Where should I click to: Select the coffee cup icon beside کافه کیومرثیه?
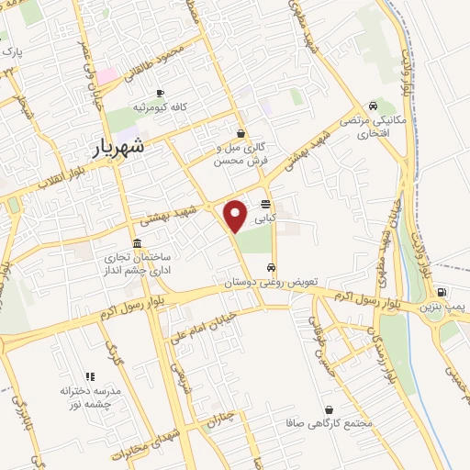click(x=161, y=93)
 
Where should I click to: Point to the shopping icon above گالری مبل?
click(x=241, y=133)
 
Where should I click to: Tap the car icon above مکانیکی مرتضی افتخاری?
click(x=372, y=106)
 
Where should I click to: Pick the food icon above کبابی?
click(x=265, y=204)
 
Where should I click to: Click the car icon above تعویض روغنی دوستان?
click(x=270, y=268)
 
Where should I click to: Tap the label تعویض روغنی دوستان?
click(x=266, y=283)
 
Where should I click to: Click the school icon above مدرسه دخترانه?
click(x=90, y=376)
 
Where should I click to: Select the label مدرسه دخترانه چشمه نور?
click(x=91, y=397)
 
